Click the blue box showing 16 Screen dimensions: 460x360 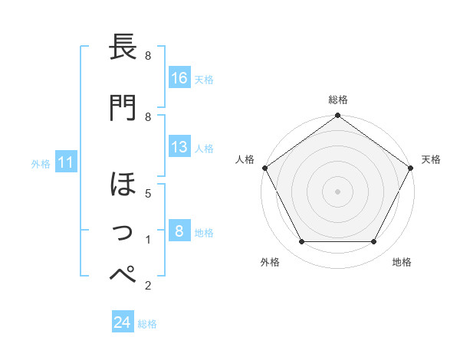point(179,77)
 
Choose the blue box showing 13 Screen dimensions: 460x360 point(179,147)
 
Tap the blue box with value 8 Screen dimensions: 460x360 point(179,231)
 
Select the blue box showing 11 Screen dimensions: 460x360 point(66,162)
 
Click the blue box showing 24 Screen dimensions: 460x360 point(123,322)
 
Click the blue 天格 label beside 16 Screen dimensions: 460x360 point(204,79)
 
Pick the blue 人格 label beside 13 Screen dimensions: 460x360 point(204,149)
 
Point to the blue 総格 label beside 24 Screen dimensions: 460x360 point(147,324)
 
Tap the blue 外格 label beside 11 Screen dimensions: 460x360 point(40,163)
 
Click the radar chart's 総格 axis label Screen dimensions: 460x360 point(338,100)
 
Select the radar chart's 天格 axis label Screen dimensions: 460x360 point(431,159)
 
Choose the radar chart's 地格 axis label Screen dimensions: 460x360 point(402,262)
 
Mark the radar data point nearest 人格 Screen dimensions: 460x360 point(265,168)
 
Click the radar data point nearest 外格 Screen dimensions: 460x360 point(301,242)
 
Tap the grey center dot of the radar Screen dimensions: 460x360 point(338,191)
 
